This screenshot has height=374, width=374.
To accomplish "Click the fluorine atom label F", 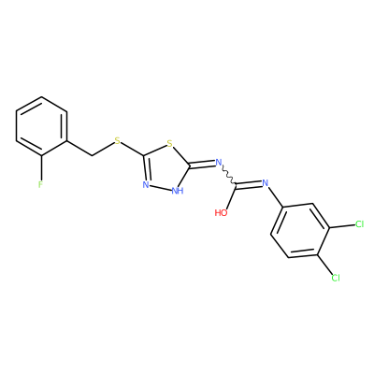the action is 40,184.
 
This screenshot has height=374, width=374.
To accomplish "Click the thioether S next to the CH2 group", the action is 117,141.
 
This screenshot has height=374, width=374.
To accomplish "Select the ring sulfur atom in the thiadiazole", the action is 169,144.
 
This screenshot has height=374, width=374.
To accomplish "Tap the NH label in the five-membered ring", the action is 178,191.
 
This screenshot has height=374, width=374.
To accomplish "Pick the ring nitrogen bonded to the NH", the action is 146,184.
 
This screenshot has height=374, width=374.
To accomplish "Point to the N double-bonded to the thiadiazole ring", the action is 219,162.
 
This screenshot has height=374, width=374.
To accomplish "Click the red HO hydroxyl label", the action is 221,213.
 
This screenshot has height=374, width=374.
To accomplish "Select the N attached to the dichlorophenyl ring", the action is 266,182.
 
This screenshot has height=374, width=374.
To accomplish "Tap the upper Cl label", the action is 359,224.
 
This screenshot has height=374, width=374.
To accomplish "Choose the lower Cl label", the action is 336,278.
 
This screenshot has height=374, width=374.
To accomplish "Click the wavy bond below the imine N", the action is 228,176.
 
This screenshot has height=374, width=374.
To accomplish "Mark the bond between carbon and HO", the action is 232,197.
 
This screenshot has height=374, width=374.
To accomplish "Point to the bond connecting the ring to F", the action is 41,167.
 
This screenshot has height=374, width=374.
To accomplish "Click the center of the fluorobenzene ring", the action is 41,126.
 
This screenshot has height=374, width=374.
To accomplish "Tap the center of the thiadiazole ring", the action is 165,167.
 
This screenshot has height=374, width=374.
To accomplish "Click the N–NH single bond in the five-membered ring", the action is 160,187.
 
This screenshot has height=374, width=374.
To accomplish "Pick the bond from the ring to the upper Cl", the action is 342,226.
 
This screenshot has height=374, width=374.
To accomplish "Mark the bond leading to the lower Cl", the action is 324,265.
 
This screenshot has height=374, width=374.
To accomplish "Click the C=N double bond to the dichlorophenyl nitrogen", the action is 249,184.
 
